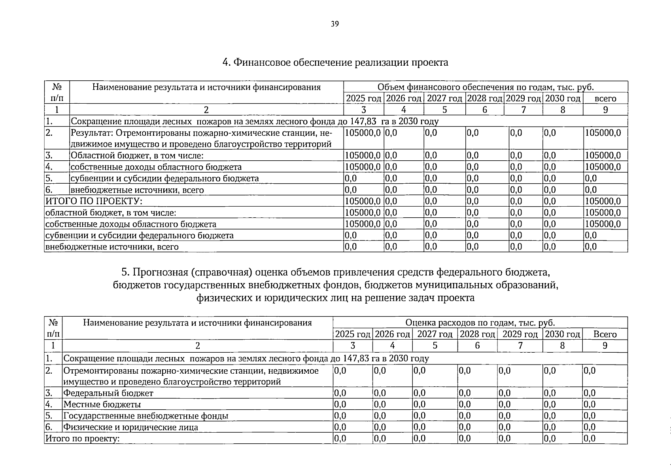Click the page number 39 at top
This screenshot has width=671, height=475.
(x=335, y=24)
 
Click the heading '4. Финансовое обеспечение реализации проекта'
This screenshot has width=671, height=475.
(x=335, y=63)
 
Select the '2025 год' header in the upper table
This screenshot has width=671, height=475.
(x=363, y=98)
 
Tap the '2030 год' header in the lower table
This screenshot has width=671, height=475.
(x=562, y=334)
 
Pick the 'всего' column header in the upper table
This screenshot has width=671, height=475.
(x=605, y=99)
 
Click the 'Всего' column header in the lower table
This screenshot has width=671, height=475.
(x=605, y=334)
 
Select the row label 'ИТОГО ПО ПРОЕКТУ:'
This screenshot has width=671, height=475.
(x=94, y=201)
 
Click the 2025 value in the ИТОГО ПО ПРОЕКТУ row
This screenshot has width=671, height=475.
(x=363, y=201)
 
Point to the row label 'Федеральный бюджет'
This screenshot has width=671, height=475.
(x=108, y=393)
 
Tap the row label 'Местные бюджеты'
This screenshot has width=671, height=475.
(x=102, y=405)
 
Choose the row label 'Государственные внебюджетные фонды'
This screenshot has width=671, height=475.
(x=146, y=416)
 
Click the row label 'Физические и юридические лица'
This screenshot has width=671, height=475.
(x=130, y=427)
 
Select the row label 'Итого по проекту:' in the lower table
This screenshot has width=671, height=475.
(x=82, y=439)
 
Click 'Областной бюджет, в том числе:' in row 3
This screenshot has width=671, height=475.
(x=137, y=156)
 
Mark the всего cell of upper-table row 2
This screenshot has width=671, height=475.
(x=603, y=133)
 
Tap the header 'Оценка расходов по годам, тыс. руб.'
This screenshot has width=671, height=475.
(x=480, y=323)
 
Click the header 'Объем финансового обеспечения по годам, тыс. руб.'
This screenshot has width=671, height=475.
(x=486, y=87)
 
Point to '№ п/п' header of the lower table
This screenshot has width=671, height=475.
(x=53, y=328)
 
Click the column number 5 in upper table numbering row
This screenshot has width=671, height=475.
(x=444, y=110)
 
